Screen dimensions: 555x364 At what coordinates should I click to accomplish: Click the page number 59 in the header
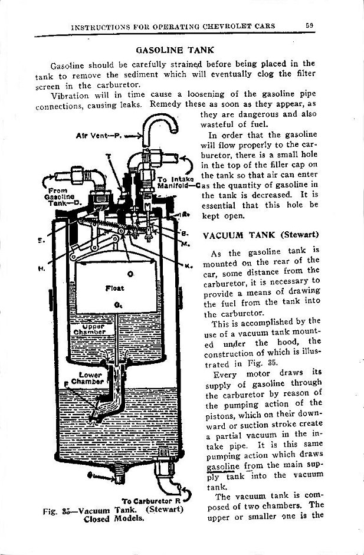[x=309, y=26]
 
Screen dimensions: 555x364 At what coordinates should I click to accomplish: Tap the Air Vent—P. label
[x=99, y=135]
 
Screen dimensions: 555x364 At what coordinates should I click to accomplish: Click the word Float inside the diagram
[x=114, y=288]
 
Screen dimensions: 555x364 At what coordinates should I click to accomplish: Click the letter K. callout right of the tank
[x=190, y=267]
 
